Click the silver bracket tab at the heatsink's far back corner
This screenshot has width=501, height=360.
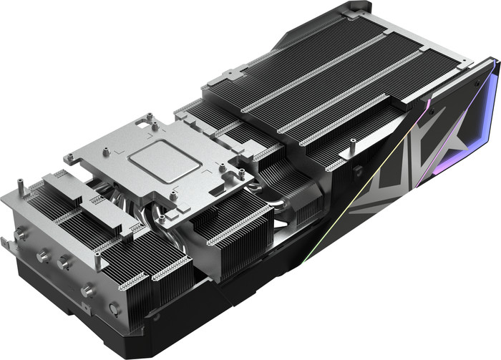pyautogui.click(x=356, y=10)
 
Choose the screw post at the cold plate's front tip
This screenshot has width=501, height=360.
pyautogui.click(x=162, y=215)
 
